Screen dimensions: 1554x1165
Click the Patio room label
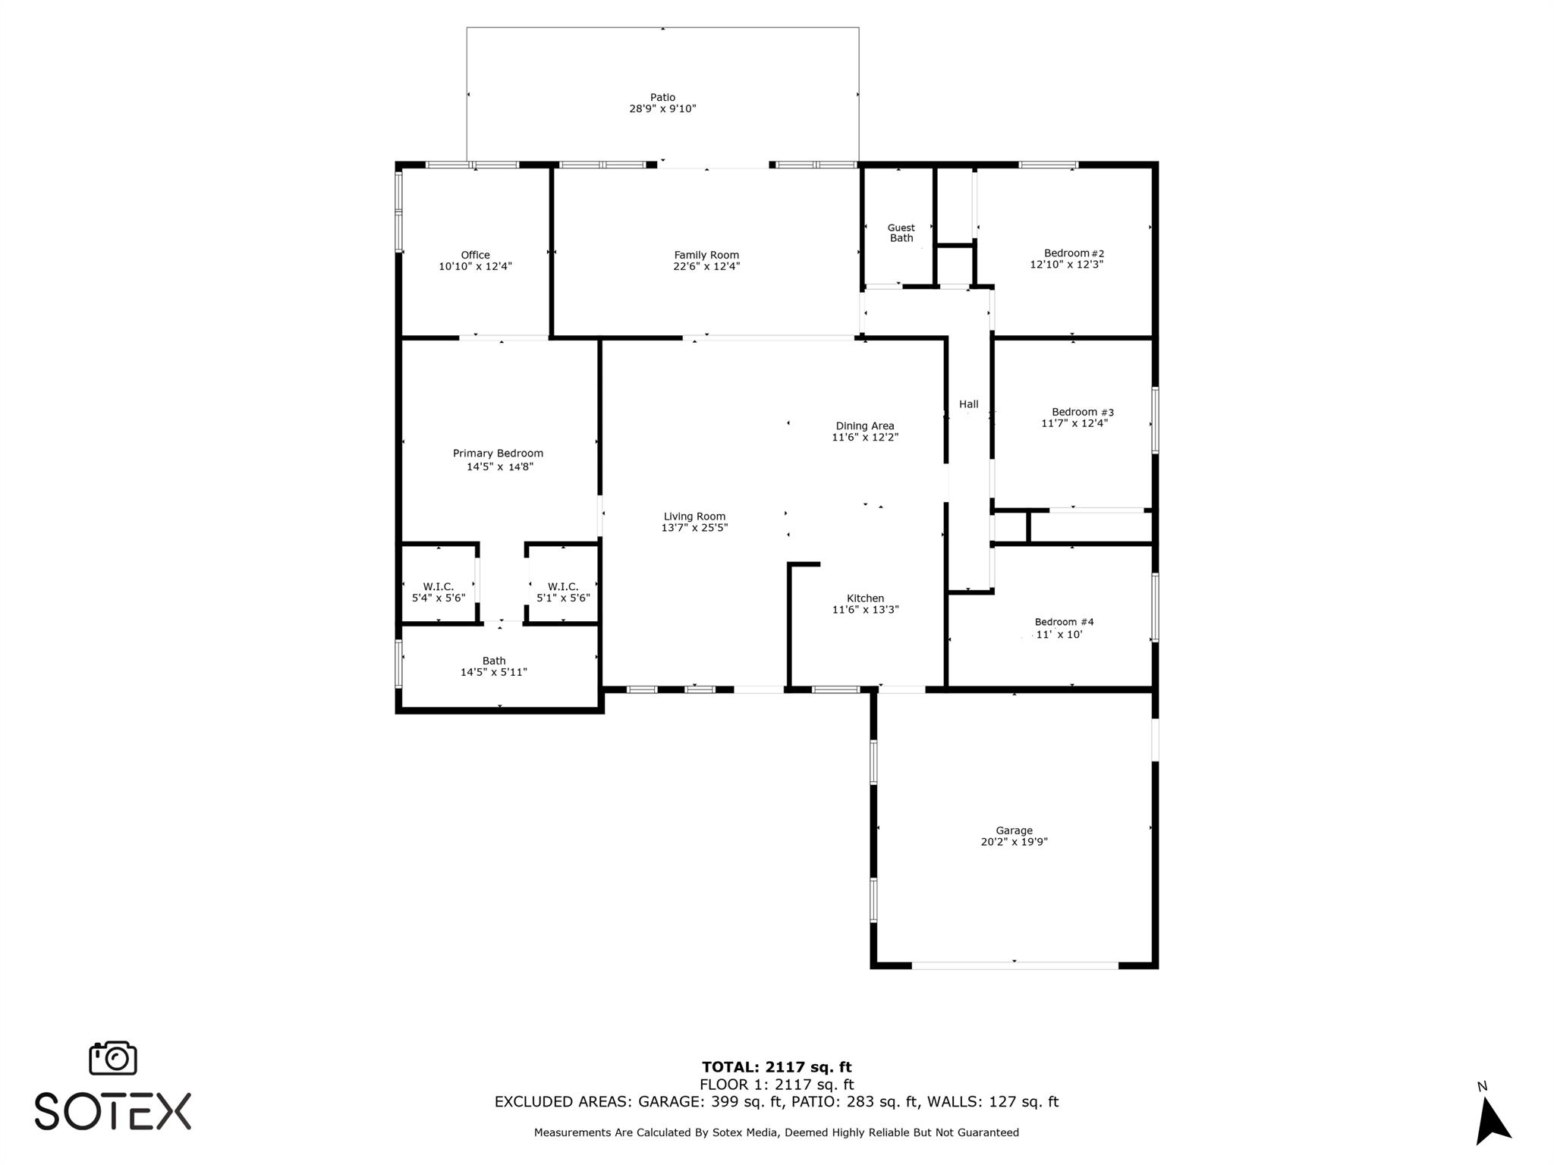[662, 97]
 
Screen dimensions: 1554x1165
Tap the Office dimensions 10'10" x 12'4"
[476, 266]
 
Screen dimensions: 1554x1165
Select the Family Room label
[706, 255]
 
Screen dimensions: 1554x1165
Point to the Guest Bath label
[901, 233]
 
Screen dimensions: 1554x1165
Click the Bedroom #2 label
[1074, 253]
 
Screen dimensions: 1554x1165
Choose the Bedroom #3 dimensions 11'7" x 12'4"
[1074, 423]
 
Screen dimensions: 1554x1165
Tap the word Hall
[969, 404]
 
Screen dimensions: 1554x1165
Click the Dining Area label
[865, 426]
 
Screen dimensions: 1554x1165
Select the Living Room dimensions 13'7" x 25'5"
[694, 528]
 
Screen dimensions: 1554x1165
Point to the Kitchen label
[866, 598]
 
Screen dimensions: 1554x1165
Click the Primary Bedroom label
[498, 454]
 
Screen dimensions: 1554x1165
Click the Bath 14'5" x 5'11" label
[494, 667]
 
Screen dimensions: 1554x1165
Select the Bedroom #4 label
[1065, 622]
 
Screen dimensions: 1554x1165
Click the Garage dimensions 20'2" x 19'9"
[1015, 842]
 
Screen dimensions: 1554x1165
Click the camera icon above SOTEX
[113, 1058]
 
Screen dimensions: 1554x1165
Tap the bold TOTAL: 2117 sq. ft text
[777, 1068]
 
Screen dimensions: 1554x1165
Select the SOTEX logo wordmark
[113, 1111]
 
